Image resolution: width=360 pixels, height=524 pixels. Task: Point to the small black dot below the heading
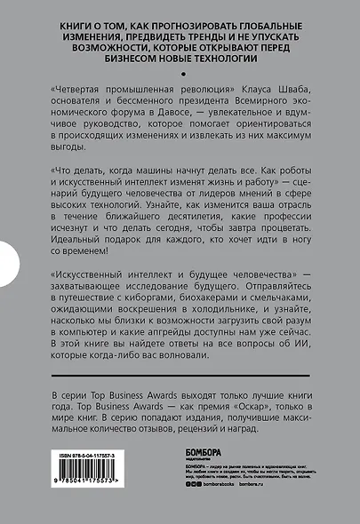click(x=181, y=75)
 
